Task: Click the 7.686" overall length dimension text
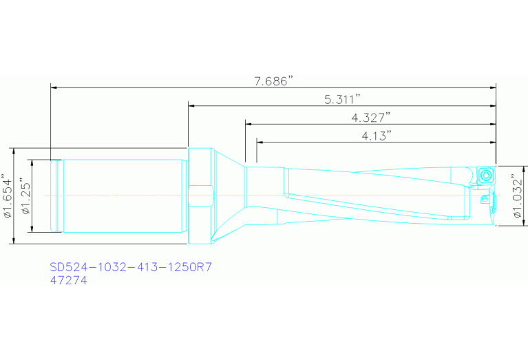point(274,81)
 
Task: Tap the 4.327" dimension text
point(370,117)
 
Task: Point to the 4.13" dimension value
point(377,136)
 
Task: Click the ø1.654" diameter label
point(8,196)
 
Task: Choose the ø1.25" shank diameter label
point(25,196)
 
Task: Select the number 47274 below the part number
point(69,281)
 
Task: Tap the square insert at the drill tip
point(486,175)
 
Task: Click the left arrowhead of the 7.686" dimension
point(54,87)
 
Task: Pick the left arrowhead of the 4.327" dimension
point(249,124)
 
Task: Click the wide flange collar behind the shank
point(200,196)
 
